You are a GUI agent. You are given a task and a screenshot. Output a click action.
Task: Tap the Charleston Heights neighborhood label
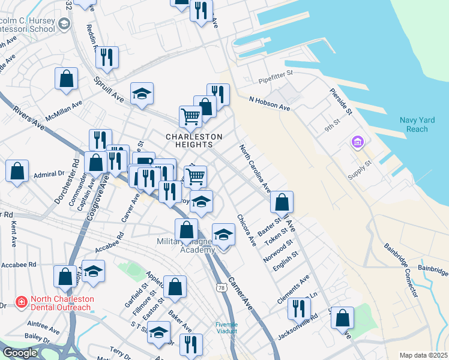[x=194, y=140]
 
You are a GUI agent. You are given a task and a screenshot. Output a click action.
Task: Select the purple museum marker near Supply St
[x=358, y=142]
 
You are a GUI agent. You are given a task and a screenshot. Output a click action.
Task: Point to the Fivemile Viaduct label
[x=227, y=328]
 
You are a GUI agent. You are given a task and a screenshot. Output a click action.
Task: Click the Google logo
[x=19, y=353]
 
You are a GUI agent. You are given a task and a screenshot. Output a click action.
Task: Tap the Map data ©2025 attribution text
[x=423, y=355]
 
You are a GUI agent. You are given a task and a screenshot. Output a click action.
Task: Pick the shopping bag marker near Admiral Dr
[x=17, y=170]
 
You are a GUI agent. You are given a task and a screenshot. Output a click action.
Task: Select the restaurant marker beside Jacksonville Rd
[x=298, y=308]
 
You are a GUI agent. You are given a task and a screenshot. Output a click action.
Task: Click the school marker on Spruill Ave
[x=142, y=94]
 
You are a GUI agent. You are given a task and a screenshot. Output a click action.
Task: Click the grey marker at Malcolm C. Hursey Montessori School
[x=65, y=23]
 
